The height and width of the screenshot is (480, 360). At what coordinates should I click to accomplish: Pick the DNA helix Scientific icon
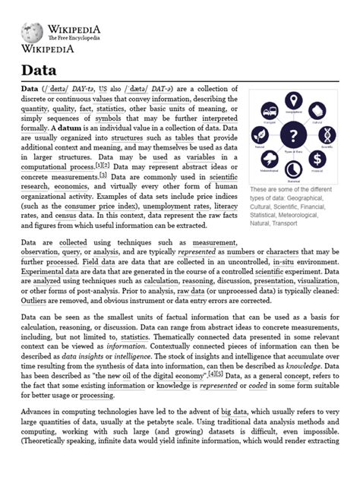click(327, 135)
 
